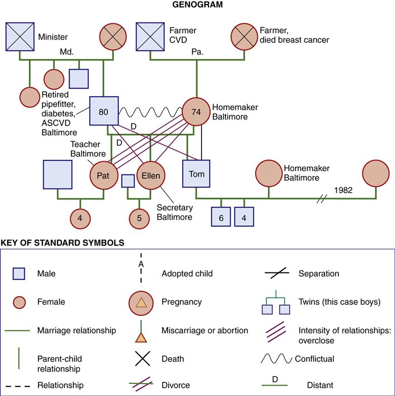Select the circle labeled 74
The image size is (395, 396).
point(196,111)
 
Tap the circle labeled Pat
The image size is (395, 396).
point(104,176)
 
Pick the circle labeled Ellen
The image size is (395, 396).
point(150,176)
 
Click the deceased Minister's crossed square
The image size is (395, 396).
point(20,36)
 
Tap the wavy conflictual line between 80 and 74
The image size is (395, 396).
point(150,110)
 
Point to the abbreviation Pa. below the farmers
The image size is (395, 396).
point(197,52)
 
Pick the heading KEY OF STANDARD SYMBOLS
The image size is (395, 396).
point(63,243)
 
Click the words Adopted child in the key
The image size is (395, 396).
point(187,273)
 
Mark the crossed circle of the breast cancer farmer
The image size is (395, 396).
point(244,36)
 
